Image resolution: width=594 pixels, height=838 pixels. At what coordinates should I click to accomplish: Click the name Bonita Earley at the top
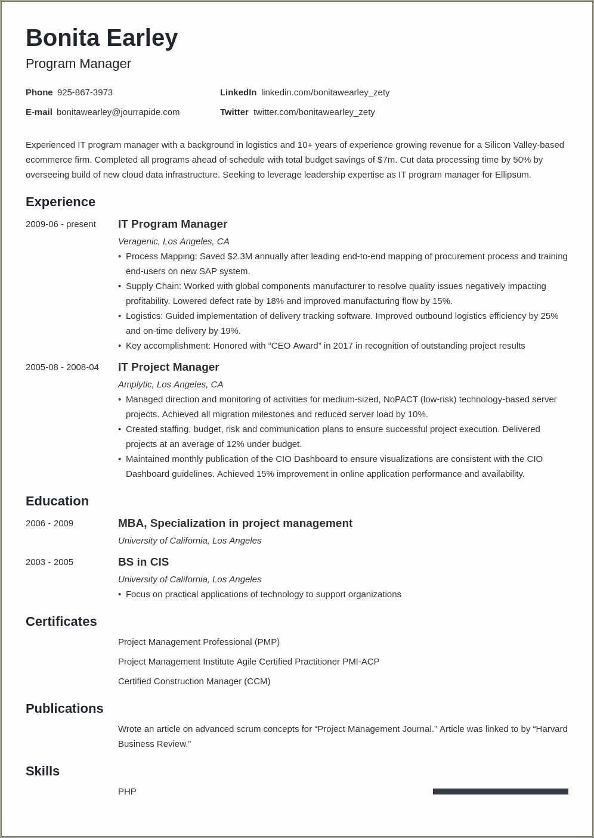coord(101,38)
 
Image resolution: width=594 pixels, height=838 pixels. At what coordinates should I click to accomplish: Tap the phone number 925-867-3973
coord(85,92)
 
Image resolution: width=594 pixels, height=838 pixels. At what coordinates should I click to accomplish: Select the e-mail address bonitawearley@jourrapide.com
coord(118,112)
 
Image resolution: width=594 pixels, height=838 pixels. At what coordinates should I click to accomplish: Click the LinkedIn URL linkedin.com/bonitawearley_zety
coord(325,92)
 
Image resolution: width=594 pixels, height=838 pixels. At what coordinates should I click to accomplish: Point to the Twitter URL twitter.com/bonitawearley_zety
coord(314,112)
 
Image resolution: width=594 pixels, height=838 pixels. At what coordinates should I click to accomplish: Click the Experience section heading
coord(60,202)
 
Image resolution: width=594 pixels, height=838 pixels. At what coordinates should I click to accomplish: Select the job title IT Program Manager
coord(172,224)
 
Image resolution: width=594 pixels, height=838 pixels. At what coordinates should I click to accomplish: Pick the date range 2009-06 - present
coord(60,224)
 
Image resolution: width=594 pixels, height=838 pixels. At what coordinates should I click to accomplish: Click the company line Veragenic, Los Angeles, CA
coord(174,241)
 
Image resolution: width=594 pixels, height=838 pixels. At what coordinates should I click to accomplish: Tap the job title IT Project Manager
coord(168,367)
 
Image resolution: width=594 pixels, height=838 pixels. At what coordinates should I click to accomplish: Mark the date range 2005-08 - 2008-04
coord(62,367)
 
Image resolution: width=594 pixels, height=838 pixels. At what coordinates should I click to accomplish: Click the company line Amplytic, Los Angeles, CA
coord(171,384)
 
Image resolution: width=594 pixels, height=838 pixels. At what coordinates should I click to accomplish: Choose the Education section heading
coord(57,501)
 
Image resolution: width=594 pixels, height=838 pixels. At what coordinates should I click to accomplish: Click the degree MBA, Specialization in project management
coord(235,523)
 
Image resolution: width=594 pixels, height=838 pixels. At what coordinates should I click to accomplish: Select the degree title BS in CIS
coord(143,562)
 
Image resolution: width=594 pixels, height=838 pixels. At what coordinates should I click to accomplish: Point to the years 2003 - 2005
coord(49,562)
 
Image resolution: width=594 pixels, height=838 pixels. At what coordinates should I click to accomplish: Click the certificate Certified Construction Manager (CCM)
coord(194,681)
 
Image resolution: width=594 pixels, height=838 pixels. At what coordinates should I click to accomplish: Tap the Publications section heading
coord(64,709)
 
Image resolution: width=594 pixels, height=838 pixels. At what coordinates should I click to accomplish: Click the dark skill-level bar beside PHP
coord(500,792)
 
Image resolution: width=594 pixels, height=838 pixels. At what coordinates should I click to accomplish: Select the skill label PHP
coord(127,792)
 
